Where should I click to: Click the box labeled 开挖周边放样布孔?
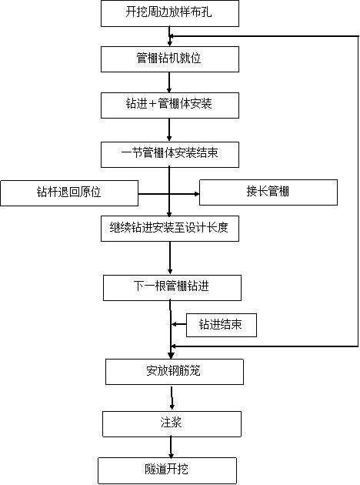[x=170, y=13]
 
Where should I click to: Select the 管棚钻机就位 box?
[x=170, y=59]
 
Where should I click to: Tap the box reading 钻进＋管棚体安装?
[x=170, y=105]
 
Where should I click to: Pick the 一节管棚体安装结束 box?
[x=170, y=155]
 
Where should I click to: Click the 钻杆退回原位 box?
[x=69, y=193]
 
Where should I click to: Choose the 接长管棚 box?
[x=268, y=192]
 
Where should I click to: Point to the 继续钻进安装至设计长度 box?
[x=170, y=229]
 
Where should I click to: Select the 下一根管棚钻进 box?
[x=172, y=288]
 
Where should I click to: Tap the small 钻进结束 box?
[x=222, y=325]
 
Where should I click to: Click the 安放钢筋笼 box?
[x=175, y=372]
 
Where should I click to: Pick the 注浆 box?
[x=172, y=423]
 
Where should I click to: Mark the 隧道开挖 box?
[x=168, y=470]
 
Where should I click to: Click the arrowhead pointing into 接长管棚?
[x=196, y=194]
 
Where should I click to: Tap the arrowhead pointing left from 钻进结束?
[x=174, y=324]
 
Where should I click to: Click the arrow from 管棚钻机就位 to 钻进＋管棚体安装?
[x=169, y=82]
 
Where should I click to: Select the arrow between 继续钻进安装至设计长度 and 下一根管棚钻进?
[x=170, y=258]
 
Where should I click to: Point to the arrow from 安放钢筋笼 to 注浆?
[x=172, y=398]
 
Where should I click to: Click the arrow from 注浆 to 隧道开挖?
[x=171, y=447]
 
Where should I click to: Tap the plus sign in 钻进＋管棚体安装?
[x=152, y=104]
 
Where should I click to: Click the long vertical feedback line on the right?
[x=358, y=191]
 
